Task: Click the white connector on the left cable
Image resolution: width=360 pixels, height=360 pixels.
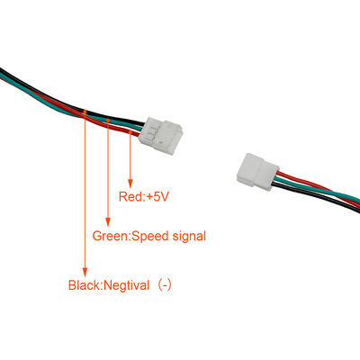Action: tap(162, 132)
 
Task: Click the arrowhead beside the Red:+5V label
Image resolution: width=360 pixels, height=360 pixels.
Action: tap(131, 181)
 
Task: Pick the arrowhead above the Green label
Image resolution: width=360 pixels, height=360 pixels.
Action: tap(108, 221)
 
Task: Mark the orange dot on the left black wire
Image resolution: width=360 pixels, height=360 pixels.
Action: tap(85, 112)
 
